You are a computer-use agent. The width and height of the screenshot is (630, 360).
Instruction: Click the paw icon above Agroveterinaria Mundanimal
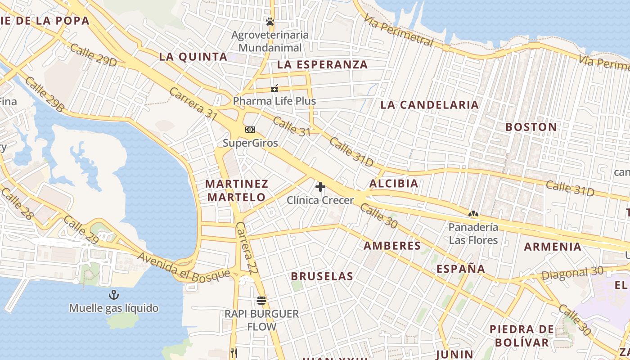[270, 22]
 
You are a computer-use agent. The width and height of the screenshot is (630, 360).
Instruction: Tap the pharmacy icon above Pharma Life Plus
[274, 88]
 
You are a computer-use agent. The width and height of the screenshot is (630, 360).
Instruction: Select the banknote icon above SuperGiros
[250, 130]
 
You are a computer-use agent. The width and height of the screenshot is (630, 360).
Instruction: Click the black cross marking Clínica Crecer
[320, 186]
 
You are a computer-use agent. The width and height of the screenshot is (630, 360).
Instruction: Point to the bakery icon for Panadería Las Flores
[473, 214]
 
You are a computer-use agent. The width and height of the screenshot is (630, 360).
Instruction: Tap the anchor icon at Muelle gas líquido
[114, 295]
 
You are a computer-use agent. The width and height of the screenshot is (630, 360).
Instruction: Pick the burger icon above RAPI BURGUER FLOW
[261, 300]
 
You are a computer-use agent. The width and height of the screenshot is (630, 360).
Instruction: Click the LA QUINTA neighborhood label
[193, 57]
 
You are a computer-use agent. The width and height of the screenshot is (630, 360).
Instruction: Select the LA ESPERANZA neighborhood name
[322, 64]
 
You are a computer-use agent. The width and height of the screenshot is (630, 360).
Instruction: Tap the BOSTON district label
[531, 127]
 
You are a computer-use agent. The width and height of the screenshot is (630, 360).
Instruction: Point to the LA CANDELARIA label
[429, 105]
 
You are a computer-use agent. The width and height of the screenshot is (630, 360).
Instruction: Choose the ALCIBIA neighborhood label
[394, 184]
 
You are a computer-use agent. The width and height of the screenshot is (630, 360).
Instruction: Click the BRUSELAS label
[322, 276]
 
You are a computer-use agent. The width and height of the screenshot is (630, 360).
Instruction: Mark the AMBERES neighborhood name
[392, 246]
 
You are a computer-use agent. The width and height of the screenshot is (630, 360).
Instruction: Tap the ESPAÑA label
[461, 269]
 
